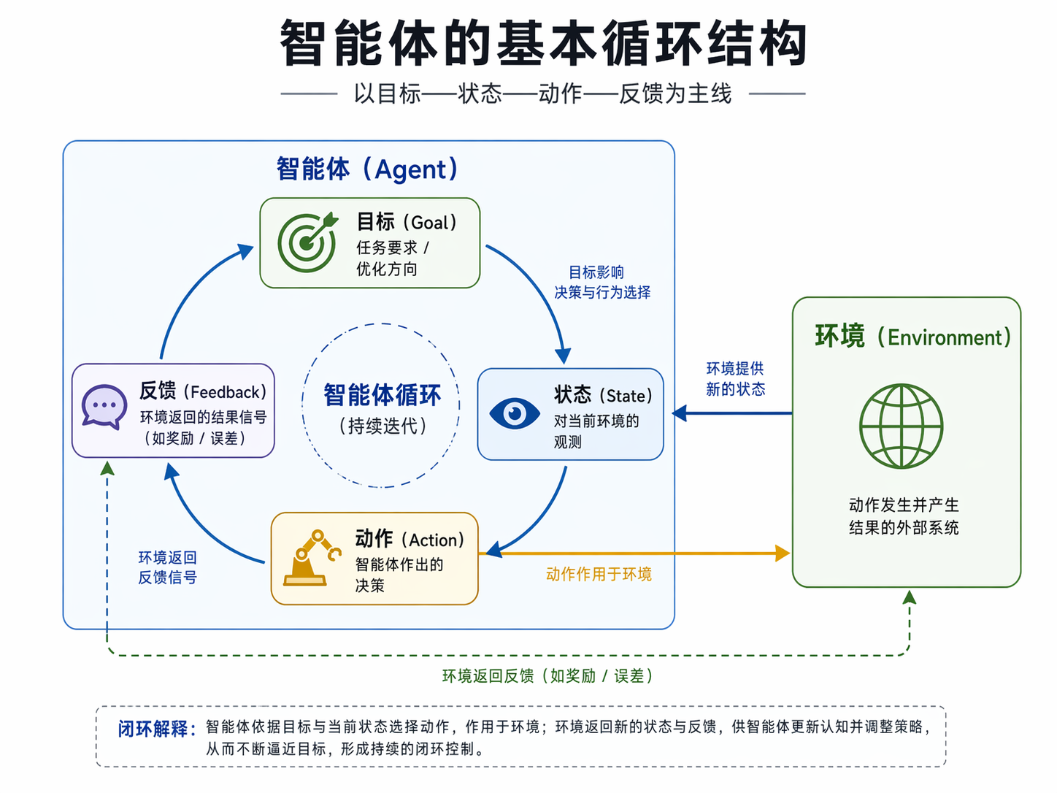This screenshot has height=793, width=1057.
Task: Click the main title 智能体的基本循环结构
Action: pyautogui.click(x=543, y=44)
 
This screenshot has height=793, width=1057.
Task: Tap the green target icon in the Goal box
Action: pyautogui.click(x=307, y=242)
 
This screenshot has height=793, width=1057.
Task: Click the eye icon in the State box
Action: pyautogui.click(x=514, y=413)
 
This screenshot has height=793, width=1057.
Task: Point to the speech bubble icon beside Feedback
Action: pyautogui.click(x=104, y=406)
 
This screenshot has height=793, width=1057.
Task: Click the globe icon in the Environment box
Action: pyautogui.click(x=902, y=426)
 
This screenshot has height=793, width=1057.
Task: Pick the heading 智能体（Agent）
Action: pyautogui.click(x=367, y=169)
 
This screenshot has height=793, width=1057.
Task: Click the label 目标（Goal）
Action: pyautogui.click(x=407, y=221)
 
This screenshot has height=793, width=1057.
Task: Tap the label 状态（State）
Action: pyautogui.click(x=603, y=395)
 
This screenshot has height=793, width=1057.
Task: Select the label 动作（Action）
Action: pyautogui.click(x=410, y=539)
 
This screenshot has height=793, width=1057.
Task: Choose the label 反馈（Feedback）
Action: pyautogui.click(x=203, y=391)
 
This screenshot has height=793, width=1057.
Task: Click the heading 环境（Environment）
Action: pyautogui.click(x=912, y=337)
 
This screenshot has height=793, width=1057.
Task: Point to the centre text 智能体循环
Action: pyautogui.click(x=382, y=395)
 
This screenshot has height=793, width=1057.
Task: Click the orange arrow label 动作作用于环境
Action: pyautogui.click(x=599, y=574)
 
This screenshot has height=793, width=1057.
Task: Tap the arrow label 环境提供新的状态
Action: pyautogui.click(x=735, y=378)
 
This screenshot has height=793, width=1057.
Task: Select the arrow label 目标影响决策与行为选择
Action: pyautogui.click(x=601, y=283)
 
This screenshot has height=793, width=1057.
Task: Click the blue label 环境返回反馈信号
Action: pyautogui.click(x=168, y=567)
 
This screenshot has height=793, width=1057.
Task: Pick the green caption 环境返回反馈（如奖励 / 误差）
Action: pyautogui.click(x=547, y=676)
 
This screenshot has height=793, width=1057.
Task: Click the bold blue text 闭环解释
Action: pyautogui.click(x=156, y=729)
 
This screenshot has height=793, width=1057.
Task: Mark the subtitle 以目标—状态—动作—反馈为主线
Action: pyautogui.click(x=542, y=93)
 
